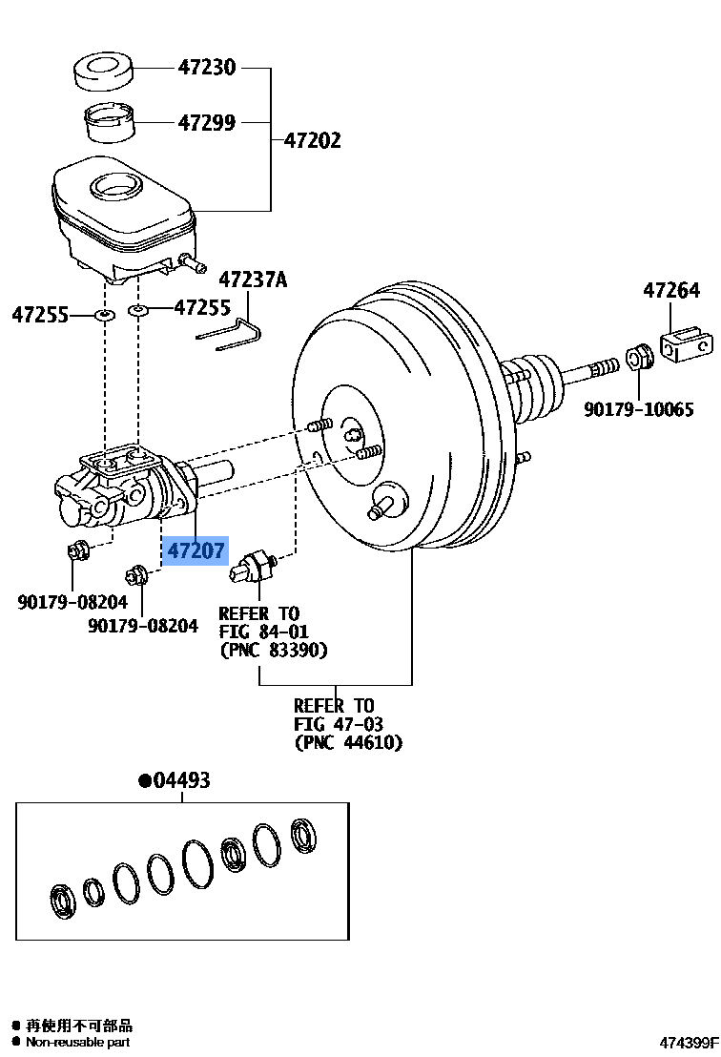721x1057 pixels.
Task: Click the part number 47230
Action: coord(206,68)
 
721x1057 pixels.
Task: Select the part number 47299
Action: coord(206,123)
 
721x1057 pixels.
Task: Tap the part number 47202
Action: coord(312,141)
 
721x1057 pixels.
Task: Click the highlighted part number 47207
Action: coord(196,550)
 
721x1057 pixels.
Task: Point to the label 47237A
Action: coord(253,280)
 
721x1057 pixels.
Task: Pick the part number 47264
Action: coord(670,291)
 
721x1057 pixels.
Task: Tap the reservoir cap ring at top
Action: coord(104,73)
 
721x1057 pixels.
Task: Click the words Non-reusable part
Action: coord(78,1042)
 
